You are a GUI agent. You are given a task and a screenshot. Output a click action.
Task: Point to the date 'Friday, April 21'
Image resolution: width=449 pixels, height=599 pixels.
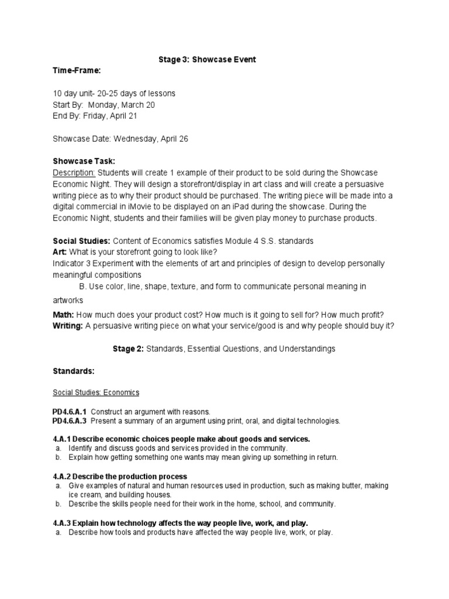[x=114, y=116]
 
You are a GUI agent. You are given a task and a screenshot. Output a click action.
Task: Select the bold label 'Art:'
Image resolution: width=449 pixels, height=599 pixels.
[x=60, y=252]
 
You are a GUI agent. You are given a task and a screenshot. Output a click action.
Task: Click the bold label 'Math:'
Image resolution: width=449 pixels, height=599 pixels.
[x=63, y=315]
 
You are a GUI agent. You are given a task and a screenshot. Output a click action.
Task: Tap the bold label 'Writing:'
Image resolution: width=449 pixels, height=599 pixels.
[x=67, y=326]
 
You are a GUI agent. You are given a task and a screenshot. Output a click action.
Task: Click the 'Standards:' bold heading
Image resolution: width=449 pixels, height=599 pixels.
[x=73, y=371]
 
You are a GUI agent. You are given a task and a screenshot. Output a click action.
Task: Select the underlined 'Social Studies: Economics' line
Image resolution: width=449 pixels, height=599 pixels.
[x=96, y=393]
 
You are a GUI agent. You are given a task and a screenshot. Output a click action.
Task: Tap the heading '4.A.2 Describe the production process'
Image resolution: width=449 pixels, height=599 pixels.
[x=119, y=477]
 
